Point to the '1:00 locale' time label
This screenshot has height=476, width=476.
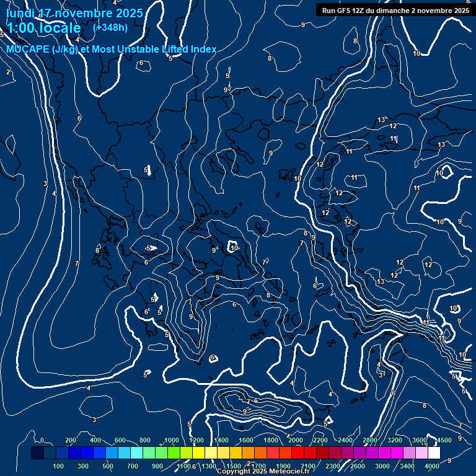pyautogui.click(x=43, y=28)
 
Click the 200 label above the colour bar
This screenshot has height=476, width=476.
pyautogui.click(x=71, y=440)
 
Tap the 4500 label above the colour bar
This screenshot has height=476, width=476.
pyautogui.click(x=444, y=440)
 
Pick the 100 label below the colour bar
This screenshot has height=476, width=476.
pyautogui.click(x=59, y=466)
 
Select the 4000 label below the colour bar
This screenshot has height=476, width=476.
pyautogui.click(x=432, y=466)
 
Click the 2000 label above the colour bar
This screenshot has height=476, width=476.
pyautogui.click(x=295, y=440)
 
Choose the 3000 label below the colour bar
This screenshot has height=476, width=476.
pyautogui.click(x=382, y=466)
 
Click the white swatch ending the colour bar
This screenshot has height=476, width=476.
pyautogui.click(x=433, y=453)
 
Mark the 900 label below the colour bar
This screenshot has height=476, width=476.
pyautogui.click(x=157, y=466)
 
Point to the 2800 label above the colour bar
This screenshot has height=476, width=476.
pyautogui.click(x=370, y=440)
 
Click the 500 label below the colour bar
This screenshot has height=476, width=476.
pyautogui.click(x=108, y=466)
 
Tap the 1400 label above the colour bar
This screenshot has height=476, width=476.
pyautogui.click(x=221, y=440)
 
